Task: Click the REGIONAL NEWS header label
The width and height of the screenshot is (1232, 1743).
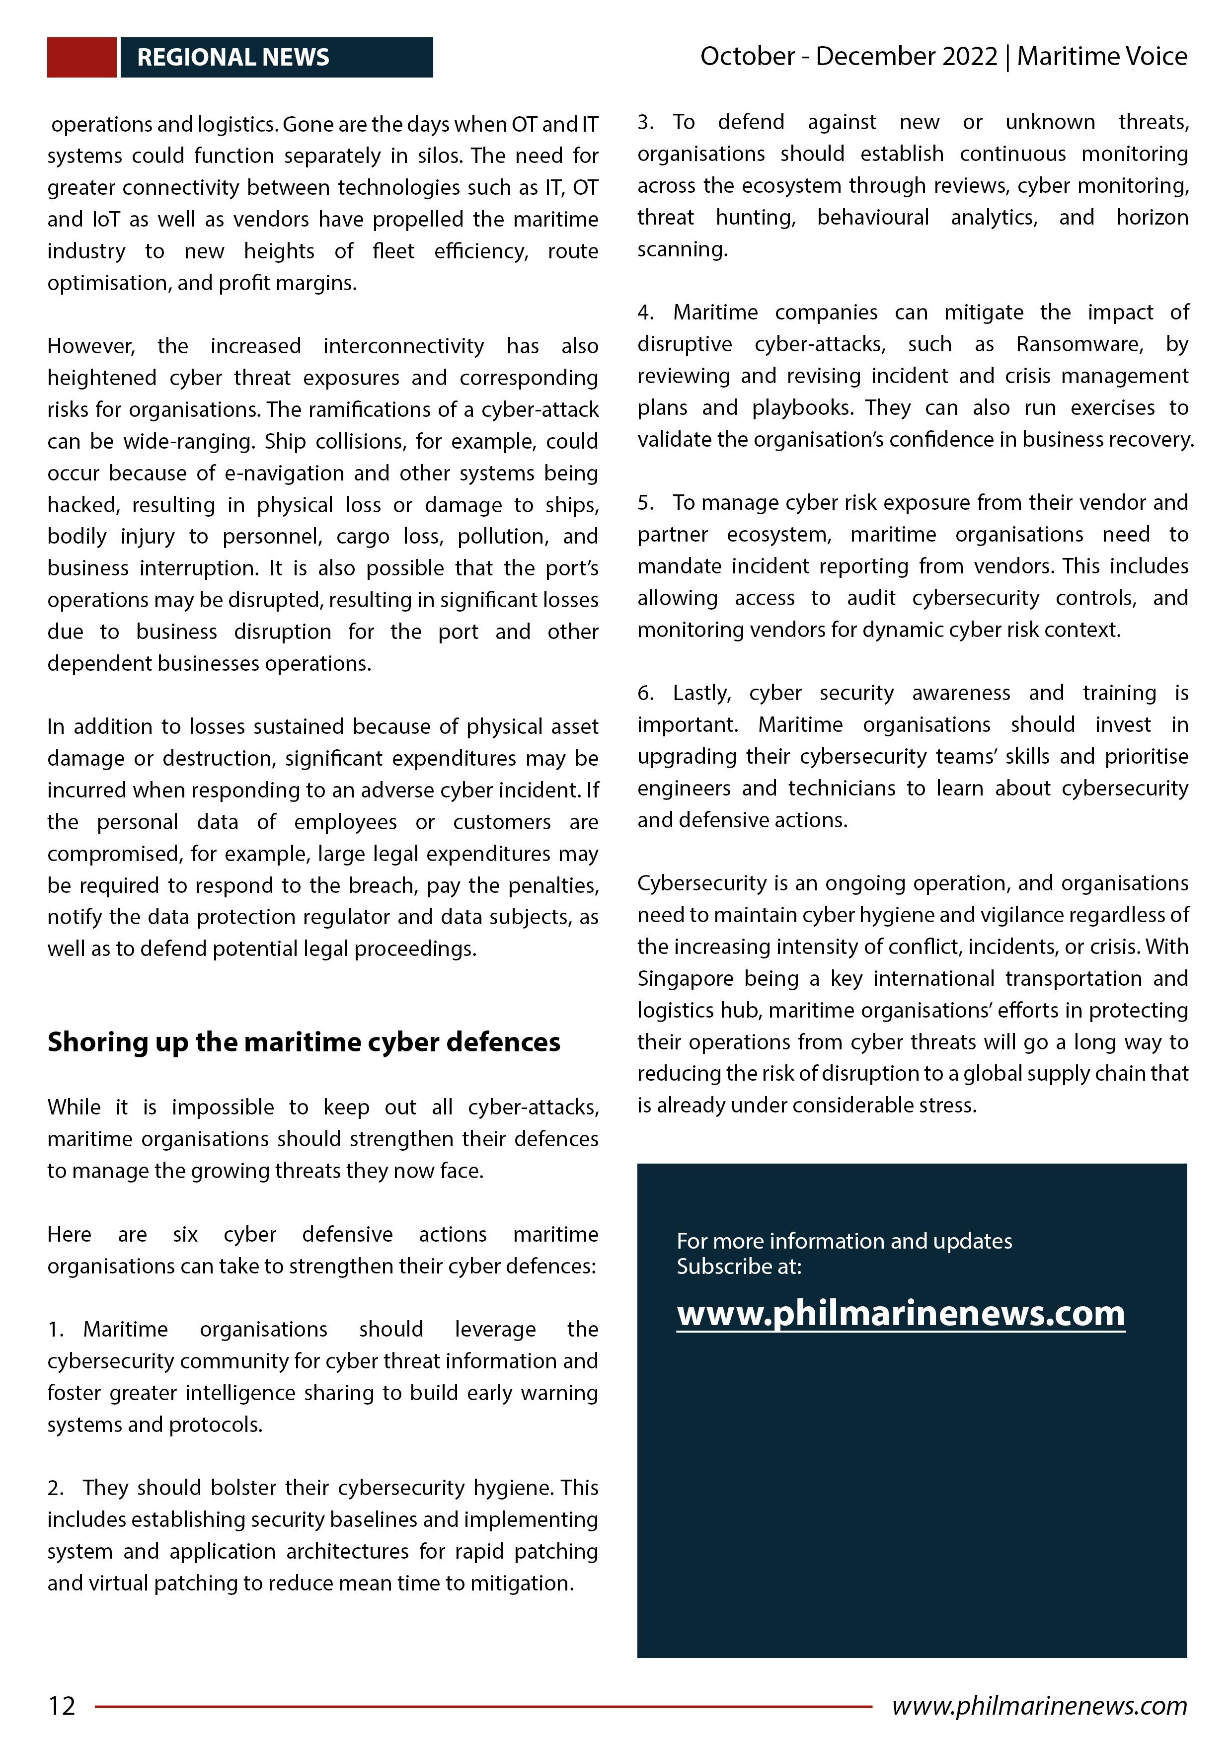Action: click(232, 57)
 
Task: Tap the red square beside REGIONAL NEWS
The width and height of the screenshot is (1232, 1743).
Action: click(81, 57)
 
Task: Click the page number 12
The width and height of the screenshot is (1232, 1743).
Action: click(62, 1706)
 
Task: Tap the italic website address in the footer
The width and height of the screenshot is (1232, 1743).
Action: click(1039, 1705)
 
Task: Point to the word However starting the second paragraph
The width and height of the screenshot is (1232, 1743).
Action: click(91, 346)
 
